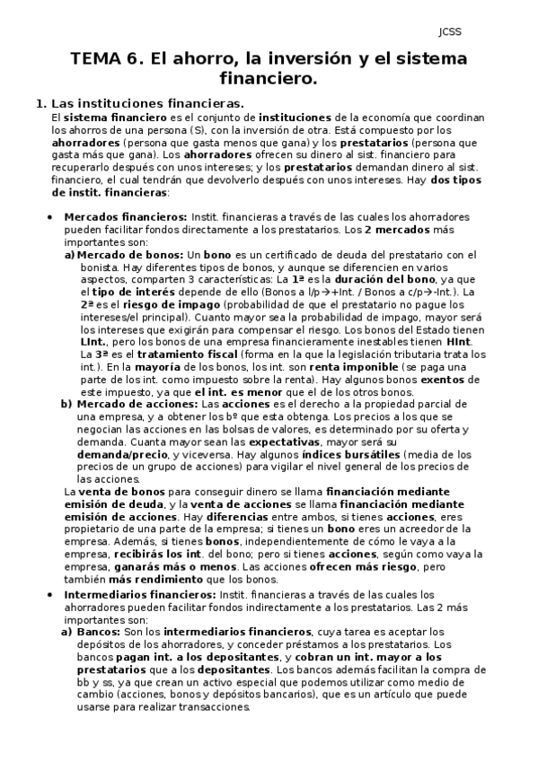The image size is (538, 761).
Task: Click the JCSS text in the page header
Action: [x=449, y=32]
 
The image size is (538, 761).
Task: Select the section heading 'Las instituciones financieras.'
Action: [x=148, y=104]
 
